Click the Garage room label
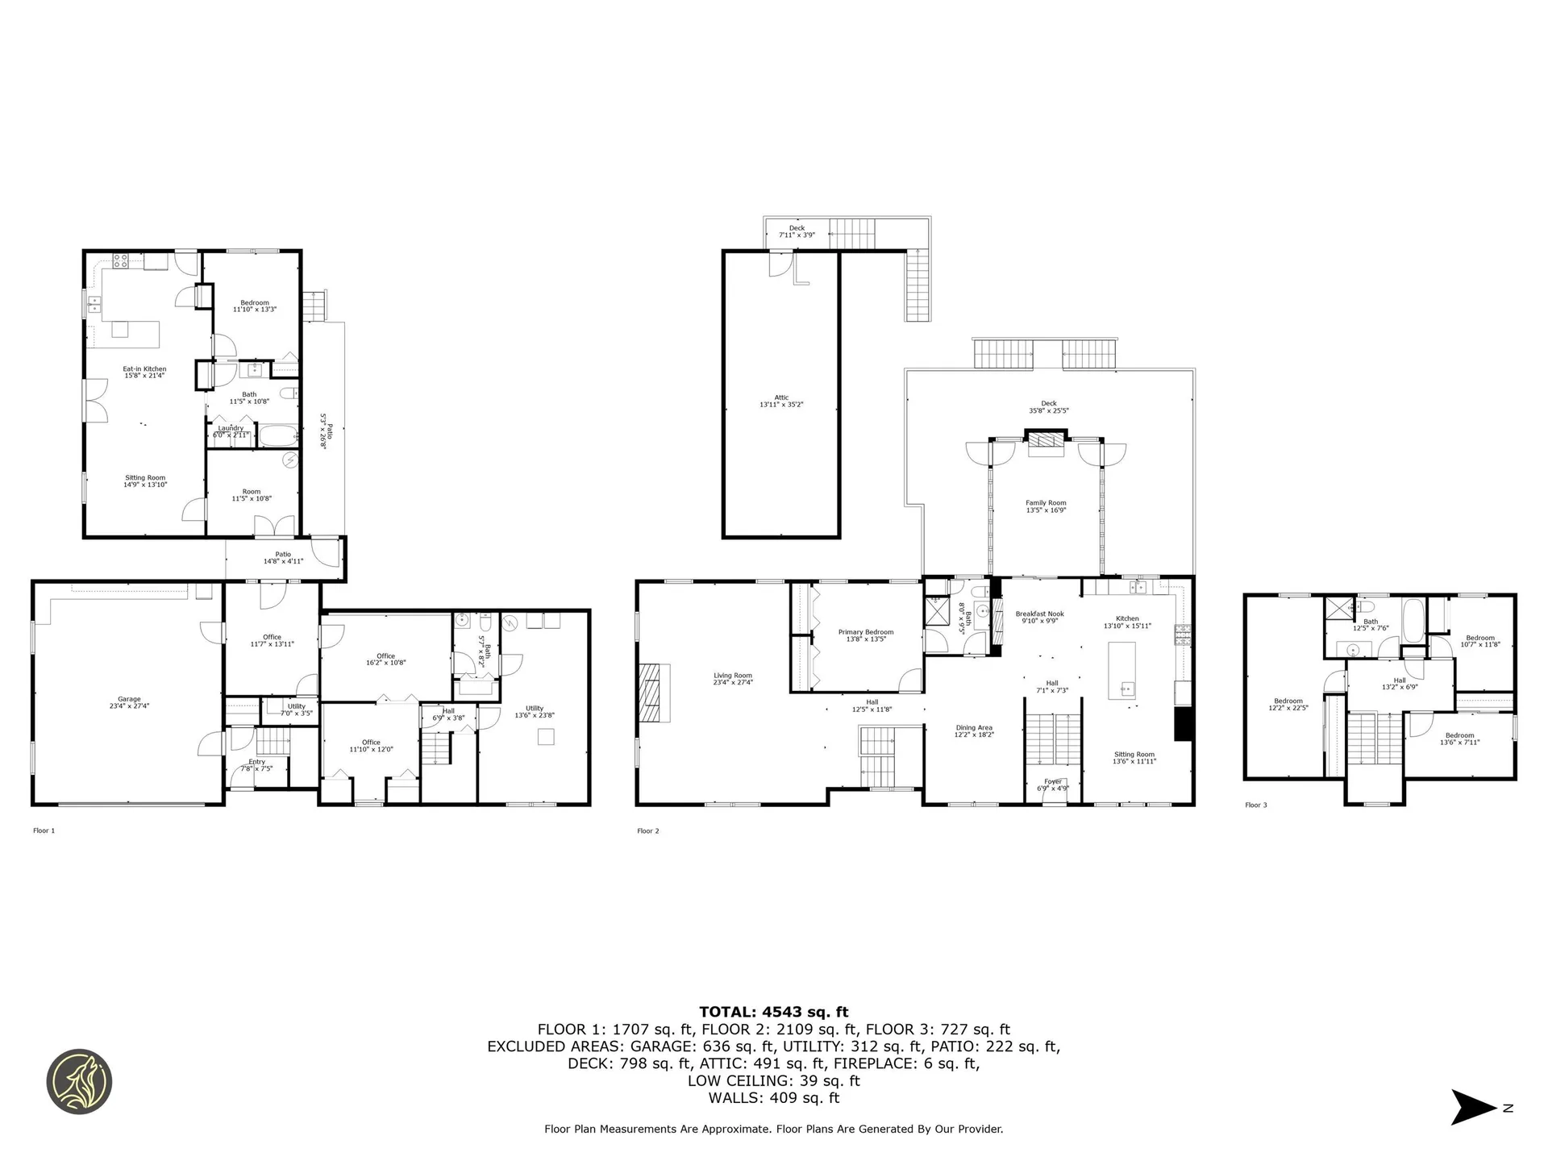[129, 702]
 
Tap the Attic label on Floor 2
[781, 401]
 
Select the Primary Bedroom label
[866, 635]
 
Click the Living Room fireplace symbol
[655, 693]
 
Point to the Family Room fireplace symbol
[1046, 443]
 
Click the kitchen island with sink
[1121, 670]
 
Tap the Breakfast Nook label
[1039, 617]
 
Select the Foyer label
[1052, 784]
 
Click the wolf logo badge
[79, 1082]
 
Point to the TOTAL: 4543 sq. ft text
[773, 1012]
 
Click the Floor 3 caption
[1255, 805]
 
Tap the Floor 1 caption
[44, 830]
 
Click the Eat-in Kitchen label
[144, 372]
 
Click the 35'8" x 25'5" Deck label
[1048, 406]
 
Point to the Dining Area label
[974, 730]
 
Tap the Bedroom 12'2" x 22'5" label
[1288, 704]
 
